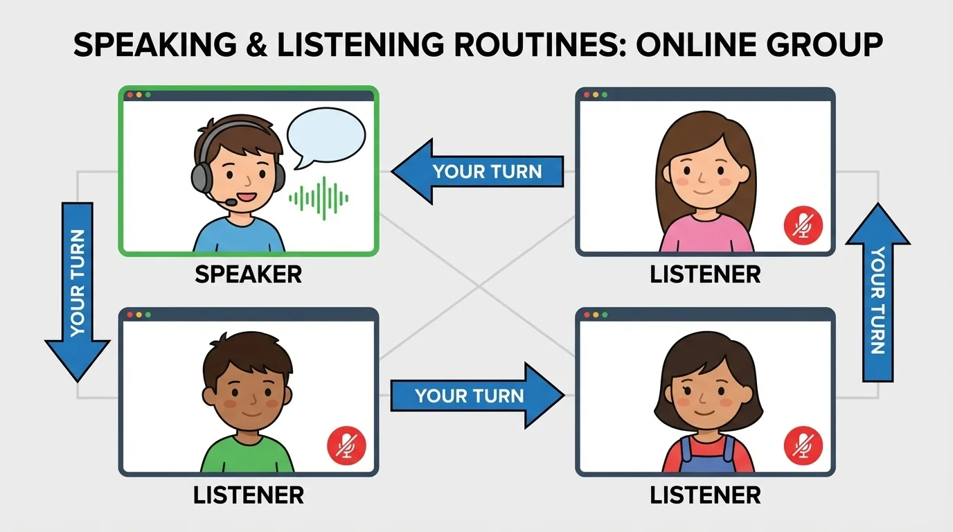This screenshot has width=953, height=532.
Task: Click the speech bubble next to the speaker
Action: click(325, 136)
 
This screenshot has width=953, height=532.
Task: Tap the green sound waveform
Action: click(319, 196)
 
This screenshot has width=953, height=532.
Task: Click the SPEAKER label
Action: click(248, 274)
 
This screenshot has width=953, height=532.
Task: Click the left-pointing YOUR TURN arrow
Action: click(478, 171)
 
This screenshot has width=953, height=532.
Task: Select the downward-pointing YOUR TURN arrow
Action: click(78, 291)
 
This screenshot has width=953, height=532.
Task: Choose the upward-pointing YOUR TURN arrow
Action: click(878, 291)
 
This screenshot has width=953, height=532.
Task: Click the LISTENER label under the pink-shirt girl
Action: click(705, 274)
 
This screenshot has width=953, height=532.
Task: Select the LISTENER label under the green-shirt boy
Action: click(248, 495)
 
